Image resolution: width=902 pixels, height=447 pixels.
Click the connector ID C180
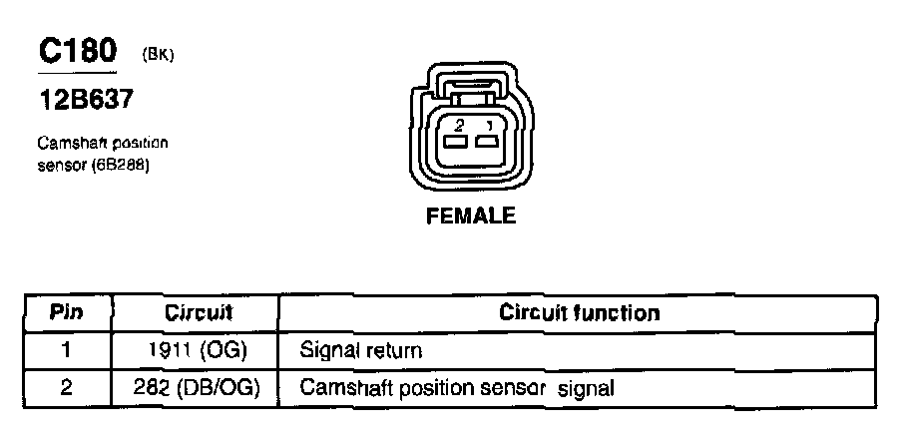78,51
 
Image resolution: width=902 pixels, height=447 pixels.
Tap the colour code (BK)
158,55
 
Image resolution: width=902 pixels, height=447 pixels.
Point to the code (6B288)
120,165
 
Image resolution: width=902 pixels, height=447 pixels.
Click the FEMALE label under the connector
471,216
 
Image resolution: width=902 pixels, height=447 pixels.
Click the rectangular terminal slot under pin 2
457,143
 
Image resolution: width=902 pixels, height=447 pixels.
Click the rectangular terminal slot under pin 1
488,143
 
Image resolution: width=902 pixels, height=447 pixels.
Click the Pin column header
67,312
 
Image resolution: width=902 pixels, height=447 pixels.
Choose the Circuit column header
198,312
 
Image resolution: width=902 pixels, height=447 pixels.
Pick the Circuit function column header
579,312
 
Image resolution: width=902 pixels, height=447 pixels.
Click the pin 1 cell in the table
67,350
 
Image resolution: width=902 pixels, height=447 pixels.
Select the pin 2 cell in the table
67,387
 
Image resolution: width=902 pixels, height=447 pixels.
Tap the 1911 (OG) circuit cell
198,350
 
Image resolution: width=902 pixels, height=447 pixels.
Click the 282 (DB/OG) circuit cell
198,387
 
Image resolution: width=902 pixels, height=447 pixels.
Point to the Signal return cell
361,351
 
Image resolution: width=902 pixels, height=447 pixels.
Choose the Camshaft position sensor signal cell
456,388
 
